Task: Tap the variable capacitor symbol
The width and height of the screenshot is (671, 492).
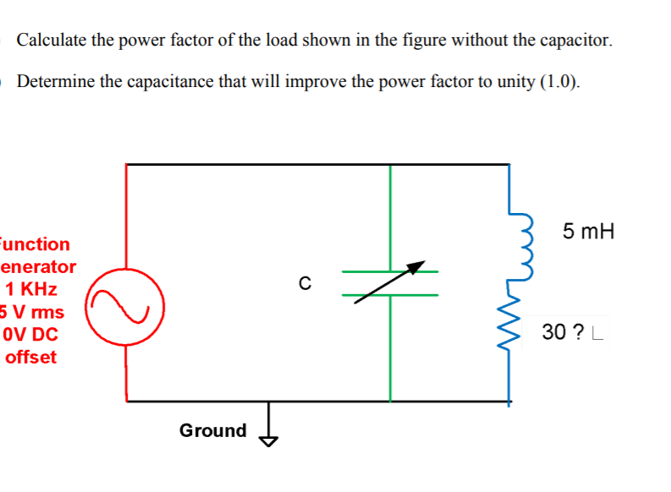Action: click(x=390, y=283)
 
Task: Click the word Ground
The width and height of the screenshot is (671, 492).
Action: click(x=212, y=430)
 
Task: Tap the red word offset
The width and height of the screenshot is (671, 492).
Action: click(x=30, y=357)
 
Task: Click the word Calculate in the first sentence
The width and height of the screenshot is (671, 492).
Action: click(x=52, y=40)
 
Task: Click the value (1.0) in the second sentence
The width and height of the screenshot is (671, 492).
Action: click(x=558, y=82)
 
